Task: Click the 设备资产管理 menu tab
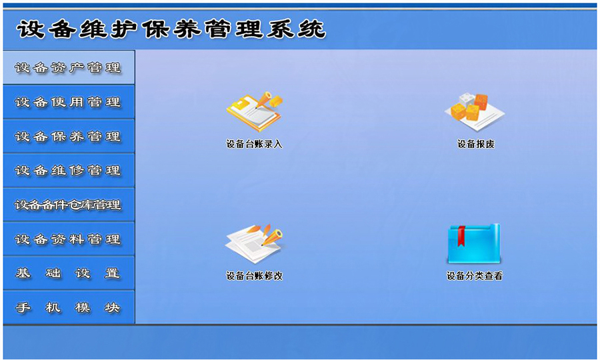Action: click(x=68, y=67)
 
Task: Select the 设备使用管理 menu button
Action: click(x=68, y=102)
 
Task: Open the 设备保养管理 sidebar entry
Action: click(x=68, y=137)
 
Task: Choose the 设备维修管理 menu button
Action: click(x=68, y=171)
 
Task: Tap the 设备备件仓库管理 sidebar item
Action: click(x=68, y=205)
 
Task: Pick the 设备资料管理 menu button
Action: click(x=68, y=239)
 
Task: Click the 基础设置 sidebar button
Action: click(x=68, y=273)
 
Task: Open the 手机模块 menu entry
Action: click(x=68, y=308)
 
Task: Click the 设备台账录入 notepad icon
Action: click(x=254, y=111)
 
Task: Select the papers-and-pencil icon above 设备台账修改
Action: click(x=254, y=243)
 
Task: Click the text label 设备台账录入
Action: click(x=254, y=144)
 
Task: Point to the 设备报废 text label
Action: click(x=475, y=144)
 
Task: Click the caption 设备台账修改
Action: click(x=254, y=276)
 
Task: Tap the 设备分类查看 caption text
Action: click(x=474, y=276)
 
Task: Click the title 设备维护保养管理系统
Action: click(x=171, y=29)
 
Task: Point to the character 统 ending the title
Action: click(x=312, y=29)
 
